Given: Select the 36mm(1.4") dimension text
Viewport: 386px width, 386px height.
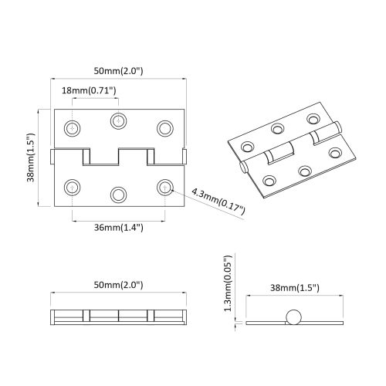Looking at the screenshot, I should coord(118,228).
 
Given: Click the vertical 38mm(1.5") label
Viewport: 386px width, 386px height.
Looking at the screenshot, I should coord(31,157).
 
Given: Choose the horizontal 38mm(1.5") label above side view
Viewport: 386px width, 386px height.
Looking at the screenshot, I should coord(293,287).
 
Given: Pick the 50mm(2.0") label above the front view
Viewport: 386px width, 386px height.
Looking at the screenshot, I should coord(118,71).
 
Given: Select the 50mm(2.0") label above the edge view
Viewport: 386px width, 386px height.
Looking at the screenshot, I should coord(118,285).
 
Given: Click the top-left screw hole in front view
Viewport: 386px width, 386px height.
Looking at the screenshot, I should coord(73,127).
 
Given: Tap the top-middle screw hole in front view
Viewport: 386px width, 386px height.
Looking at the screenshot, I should coord(118,119).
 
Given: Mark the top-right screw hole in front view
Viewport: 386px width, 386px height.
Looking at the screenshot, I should coord(164,127).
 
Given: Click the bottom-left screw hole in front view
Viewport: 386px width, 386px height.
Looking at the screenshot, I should coord(73,186).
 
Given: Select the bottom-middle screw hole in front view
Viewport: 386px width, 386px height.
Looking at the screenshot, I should coord(118,194).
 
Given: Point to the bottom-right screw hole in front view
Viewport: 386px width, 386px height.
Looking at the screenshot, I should coord(164,186).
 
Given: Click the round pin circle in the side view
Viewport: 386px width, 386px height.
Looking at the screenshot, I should coord(293,317).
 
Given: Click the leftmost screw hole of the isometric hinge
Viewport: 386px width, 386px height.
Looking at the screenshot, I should coord(248,146).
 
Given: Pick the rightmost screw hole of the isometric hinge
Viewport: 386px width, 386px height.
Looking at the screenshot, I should coord(335,152).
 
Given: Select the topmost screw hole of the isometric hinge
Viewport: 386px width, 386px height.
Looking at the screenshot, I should coord(313,119).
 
